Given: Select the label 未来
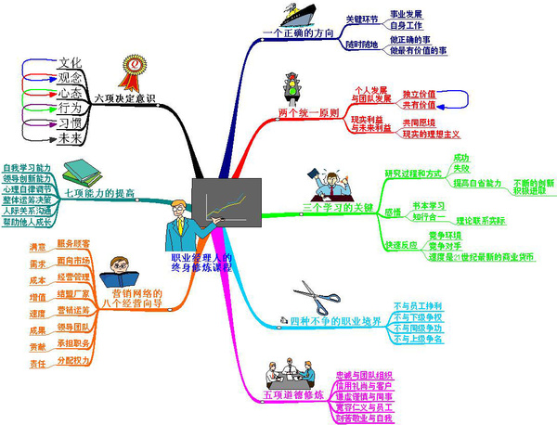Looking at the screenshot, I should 71,139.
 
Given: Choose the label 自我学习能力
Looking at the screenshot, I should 28,167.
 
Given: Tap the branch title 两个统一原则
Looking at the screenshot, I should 307,113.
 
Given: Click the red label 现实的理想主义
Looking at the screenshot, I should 431,135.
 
